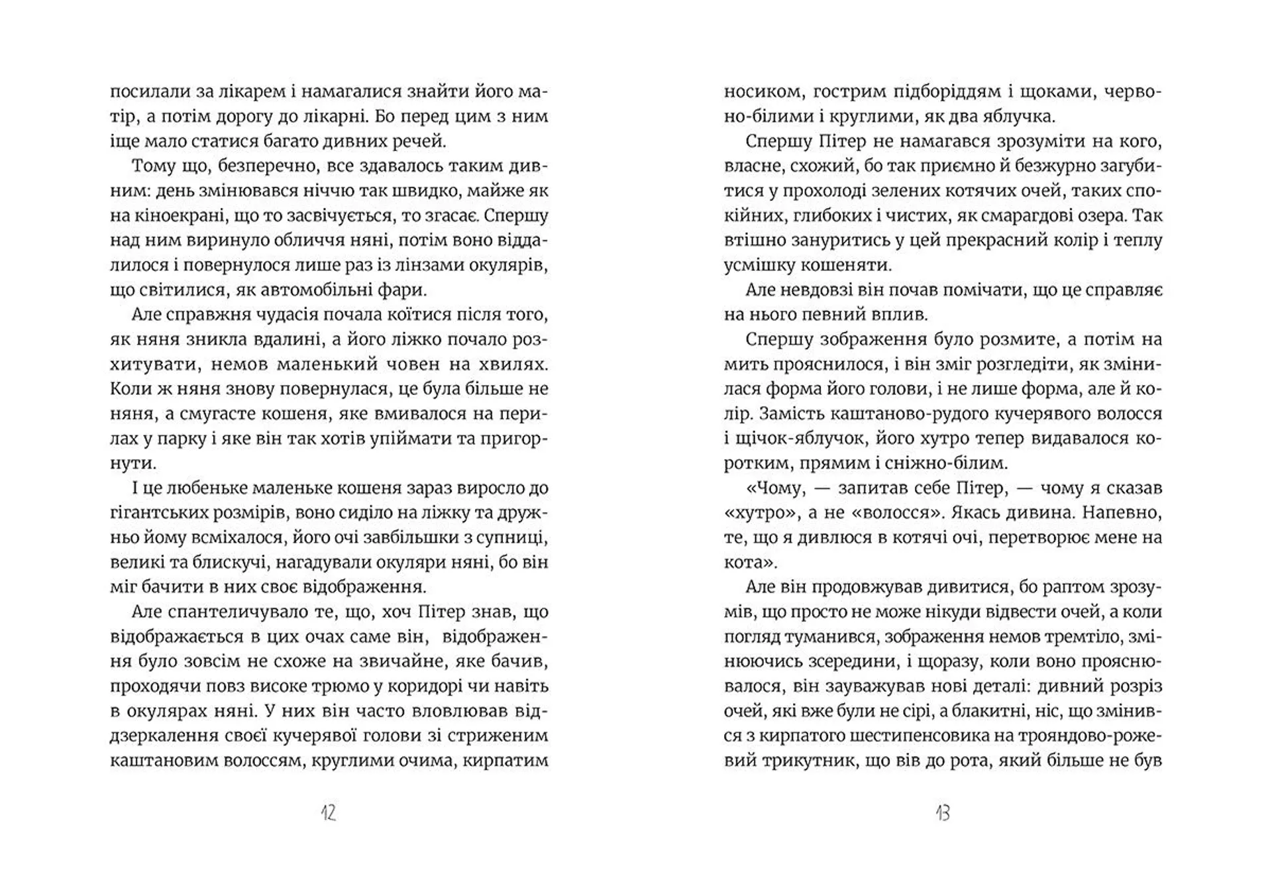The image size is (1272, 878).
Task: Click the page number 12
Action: click(x=329, y=812)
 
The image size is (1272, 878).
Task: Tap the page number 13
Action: click(x=943, y=812)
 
